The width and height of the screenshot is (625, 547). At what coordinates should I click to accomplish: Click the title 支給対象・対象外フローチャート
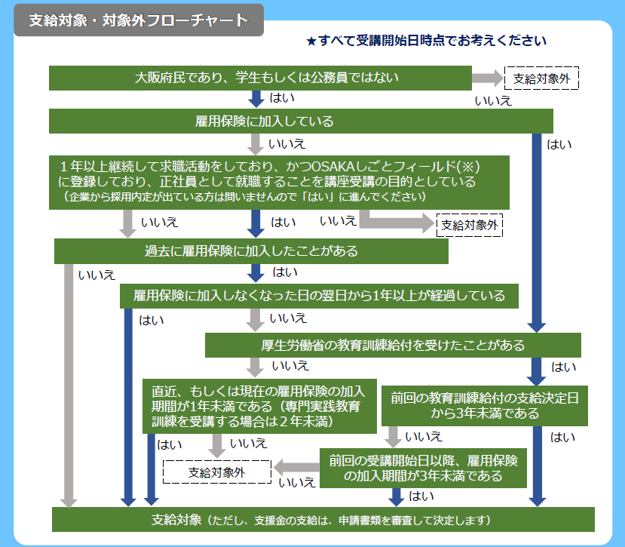click(x=139, y=20)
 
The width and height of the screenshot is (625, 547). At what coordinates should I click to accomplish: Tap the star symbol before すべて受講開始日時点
click(x=311, y=41)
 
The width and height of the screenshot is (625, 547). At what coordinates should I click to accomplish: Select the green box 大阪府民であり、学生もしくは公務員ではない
click(x=260, y=78)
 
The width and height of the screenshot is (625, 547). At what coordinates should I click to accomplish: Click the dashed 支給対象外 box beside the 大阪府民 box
click(x=541, y=78)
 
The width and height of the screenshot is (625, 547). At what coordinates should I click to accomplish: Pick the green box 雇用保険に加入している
click(x=301, y=121)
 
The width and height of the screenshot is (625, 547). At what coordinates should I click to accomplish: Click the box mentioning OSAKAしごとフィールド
click(x=279, y=183)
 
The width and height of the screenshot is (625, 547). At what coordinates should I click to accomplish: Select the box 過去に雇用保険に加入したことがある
click(x=251, y=251)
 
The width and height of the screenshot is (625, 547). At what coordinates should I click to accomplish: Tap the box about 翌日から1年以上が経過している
click(x=319, y=296)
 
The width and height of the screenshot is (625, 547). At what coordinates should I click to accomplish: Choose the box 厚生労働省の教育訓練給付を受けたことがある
click(x=393, y=345)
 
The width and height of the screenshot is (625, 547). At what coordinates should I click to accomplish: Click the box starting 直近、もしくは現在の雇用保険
click(x=259, y=406)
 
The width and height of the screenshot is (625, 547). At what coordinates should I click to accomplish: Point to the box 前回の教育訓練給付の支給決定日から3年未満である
click(x=484, y=406)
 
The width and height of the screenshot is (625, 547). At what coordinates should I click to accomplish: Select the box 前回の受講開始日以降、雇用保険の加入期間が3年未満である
click(x=423, y=468)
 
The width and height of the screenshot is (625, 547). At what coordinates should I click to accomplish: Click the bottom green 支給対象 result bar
click(x=323, y=520)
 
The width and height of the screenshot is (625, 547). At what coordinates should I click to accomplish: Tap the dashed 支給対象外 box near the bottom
click(x=217, y=472)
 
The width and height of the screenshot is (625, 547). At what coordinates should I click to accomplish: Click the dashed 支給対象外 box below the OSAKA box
click(x=470, y=225)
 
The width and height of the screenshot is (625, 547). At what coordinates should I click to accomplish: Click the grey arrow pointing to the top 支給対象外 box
click(x=488, y=78)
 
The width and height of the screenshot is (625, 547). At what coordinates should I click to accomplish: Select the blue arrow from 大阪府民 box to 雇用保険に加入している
click(x=256, y=99)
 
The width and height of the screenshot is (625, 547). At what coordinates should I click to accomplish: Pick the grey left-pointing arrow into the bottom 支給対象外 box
click(x=296, y=468)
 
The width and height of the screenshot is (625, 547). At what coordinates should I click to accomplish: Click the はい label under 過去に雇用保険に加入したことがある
click(x=285, y=272)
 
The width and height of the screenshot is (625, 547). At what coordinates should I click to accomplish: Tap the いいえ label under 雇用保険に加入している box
click(x=287, y=143)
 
